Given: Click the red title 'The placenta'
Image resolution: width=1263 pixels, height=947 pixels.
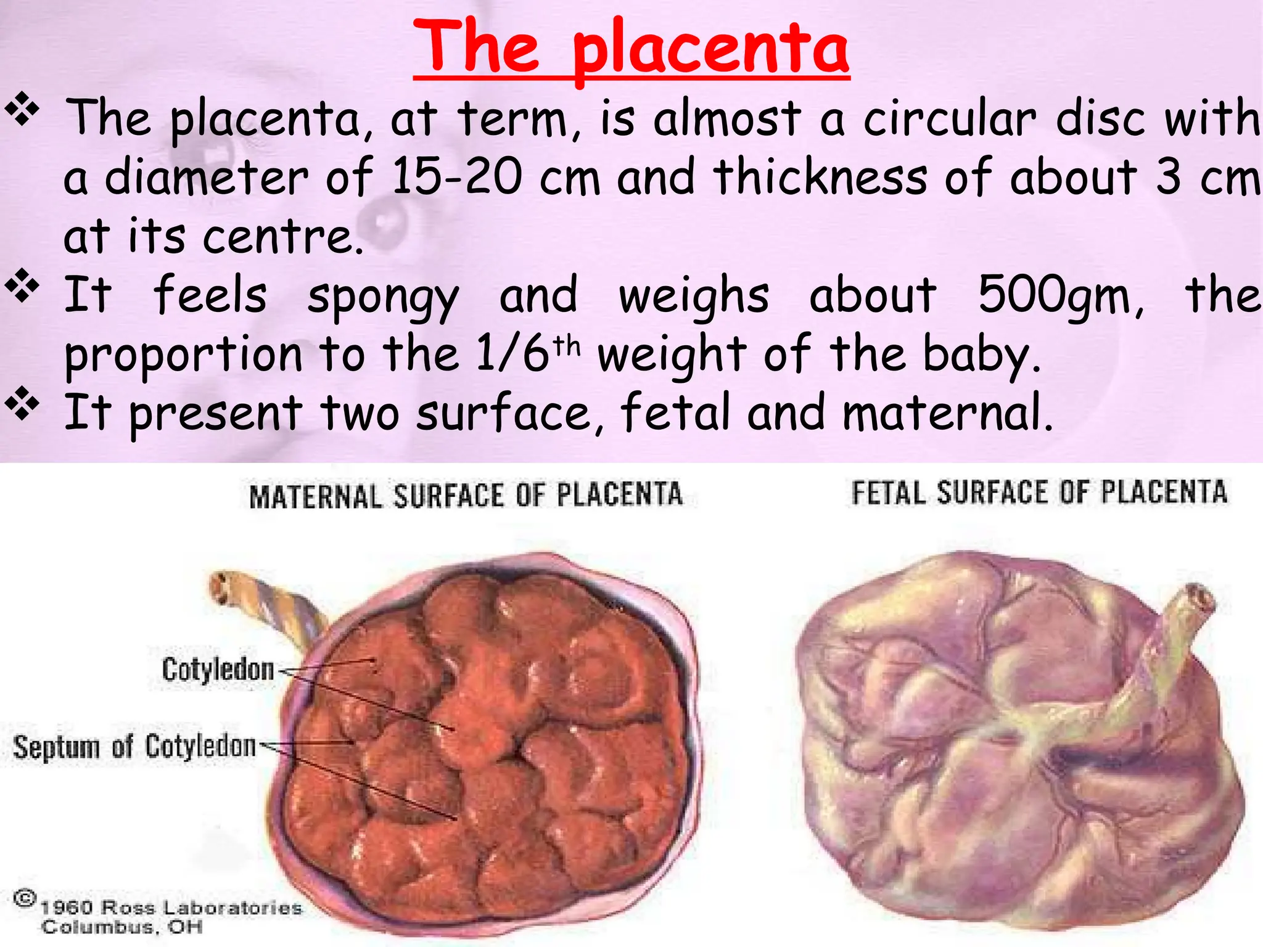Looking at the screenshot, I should [x=631, y=48].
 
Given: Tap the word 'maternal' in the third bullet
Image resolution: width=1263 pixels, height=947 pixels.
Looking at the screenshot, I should [x=947, y=412].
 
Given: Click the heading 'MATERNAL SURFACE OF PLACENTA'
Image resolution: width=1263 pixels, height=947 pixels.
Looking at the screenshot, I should [x=466, y=496].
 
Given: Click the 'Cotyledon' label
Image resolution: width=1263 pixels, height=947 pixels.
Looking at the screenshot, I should [x=218, y=670].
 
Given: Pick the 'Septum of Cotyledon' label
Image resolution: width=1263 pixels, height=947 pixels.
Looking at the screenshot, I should [x=134, y=747].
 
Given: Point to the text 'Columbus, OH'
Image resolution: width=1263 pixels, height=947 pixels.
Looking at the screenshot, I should [x=121, y=927].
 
